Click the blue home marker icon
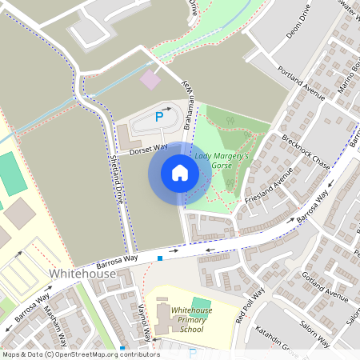click(x=180, y=173)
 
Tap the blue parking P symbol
click(x=159, y=117)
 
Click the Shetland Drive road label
click(x=117, y=180)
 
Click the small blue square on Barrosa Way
click(x=160, y=258)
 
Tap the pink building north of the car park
click(x=150, y=79)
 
